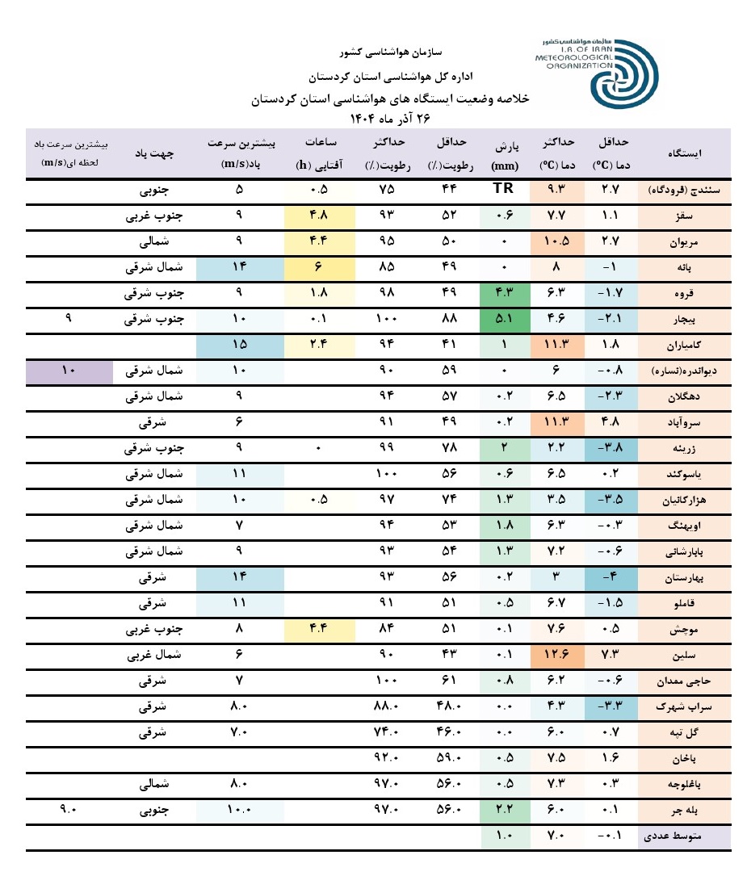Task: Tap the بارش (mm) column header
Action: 506,153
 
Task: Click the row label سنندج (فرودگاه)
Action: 685,191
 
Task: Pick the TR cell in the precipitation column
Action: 506,191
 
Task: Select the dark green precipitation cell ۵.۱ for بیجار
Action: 506,319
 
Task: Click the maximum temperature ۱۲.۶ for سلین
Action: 558,655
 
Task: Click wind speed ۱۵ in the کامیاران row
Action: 239,346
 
